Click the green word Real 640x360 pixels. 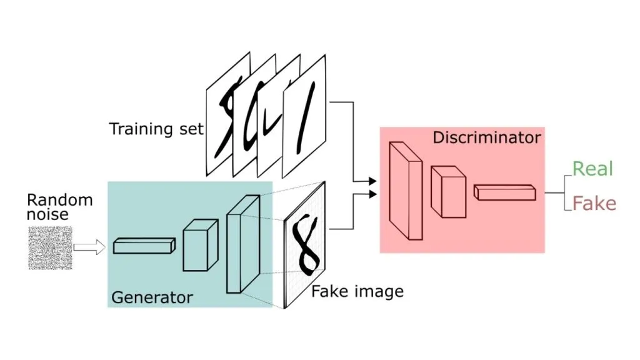pos(592,169)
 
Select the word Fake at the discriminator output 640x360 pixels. pos(594,203)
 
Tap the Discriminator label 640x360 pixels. pos(486,137)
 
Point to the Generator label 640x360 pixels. pos(152,297)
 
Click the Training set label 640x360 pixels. pos(156,129)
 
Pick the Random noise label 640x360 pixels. pos(59,207)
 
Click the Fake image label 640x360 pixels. pos(357,292)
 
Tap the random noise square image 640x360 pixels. pos(50,248)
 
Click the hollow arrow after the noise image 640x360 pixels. pos(89,247)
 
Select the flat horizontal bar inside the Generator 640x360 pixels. pos(144,246)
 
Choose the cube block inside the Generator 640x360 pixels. pos(201,245)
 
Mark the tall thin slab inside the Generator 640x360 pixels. pos(243,244)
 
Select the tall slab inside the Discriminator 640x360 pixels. pos(406,191)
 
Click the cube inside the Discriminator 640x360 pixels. pos(449,192)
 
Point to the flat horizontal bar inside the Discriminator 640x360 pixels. pos(505,192)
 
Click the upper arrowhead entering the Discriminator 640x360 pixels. pos(372,181)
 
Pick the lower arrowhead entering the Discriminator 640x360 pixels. pos(372,194)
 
